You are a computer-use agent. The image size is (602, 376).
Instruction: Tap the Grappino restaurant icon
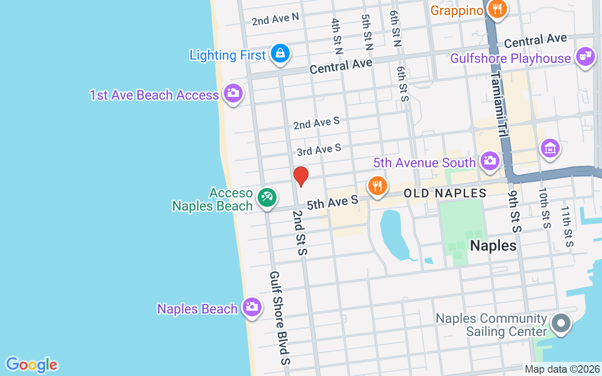click(x=496, y=9)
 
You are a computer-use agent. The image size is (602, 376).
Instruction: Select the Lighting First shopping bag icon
click(x=280, y=54)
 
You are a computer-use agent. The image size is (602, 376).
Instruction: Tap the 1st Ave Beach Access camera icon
click(x=233, y=93)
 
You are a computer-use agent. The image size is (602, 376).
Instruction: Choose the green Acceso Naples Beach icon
click(x=267, y=198)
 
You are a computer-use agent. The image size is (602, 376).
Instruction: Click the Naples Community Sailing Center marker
click(x=560, y=323)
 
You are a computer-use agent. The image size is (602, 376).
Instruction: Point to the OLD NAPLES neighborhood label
click(x=445, y=193)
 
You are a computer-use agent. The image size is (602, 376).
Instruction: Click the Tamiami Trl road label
click(x=500, y=105)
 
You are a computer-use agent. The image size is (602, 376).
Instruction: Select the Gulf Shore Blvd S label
click(x=281, y=318)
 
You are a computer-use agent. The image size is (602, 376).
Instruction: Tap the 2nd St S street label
click(x=300, y=233)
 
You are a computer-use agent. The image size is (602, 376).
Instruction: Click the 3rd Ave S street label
click(x=319, y=150)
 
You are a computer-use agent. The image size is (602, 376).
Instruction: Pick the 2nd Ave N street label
click(x=275, y=19)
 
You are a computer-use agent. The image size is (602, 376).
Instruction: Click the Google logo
click(x=32, y=365)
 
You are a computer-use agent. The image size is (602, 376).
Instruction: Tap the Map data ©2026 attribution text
click(x=562, y=369)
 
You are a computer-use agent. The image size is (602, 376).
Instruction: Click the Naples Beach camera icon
click(x=252, y=307)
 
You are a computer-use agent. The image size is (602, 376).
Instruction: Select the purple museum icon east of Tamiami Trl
click(x=550, y=149)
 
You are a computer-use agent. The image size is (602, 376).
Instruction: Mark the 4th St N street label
click(x=337, y=37)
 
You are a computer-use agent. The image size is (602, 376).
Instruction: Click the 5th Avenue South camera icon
click(x=490, y=161)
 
